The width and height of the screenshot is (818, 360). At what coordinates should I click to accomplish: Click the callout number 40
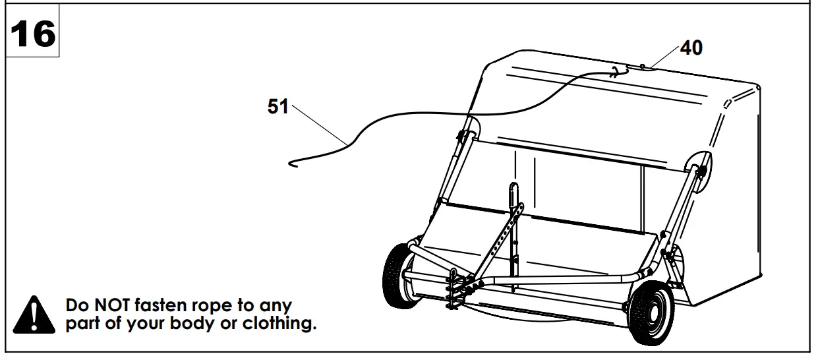tap(691, 47)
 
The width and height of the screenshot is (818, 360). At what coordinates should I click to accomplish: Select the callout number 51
tap(278, 107)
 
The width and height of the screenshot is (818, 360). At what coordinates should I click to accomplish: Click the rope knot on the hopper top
tap(616, 73)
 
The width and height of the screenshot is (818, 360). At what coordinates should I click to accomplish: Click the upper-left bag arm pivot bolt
tap(464, 135)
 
